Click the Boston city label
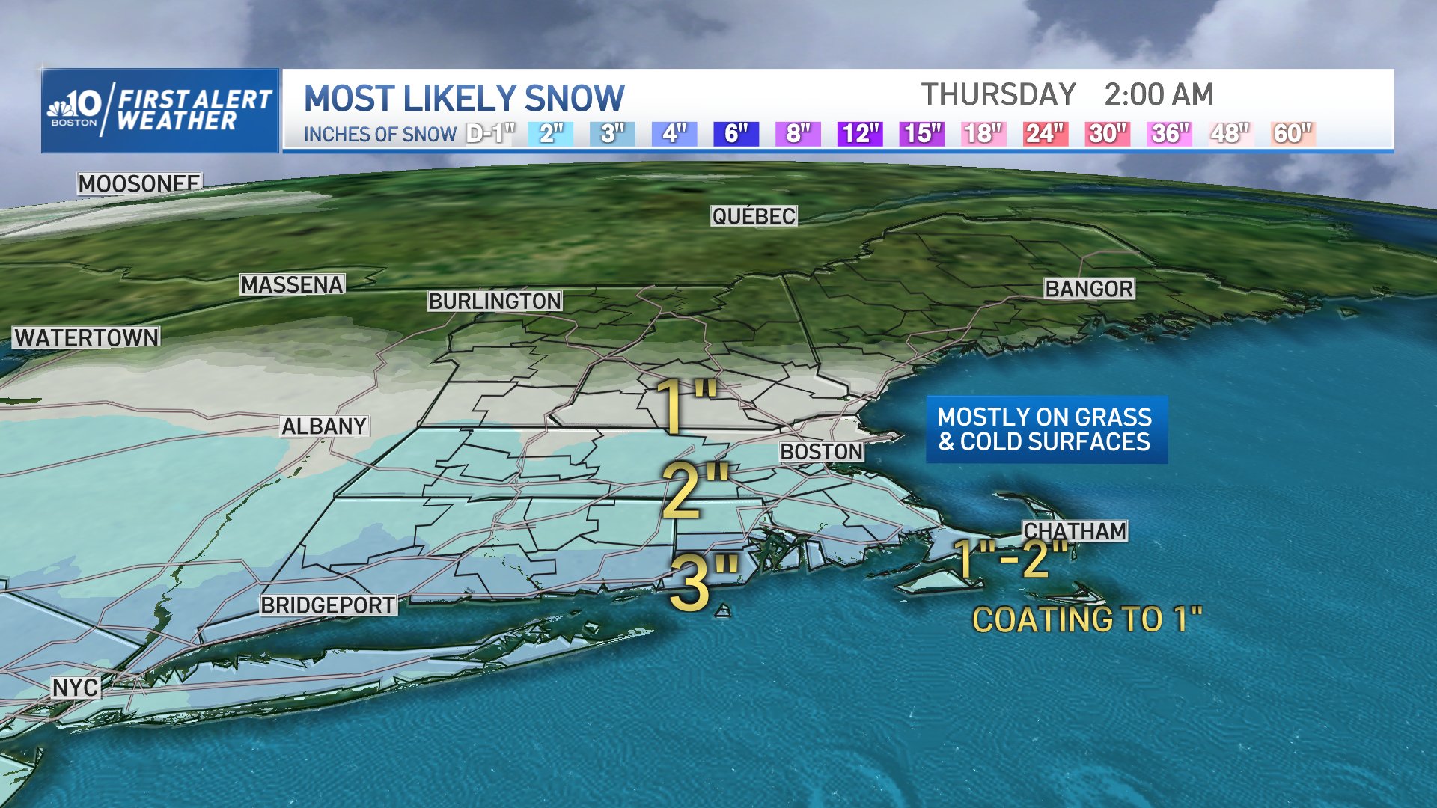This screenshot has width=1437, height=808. [822, 452]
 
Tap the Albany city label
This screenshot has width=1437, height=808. [324, 426]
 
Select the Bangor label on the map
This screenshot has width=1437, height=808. [1089, 289]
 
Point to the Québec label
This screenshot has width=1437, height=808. [754, 216]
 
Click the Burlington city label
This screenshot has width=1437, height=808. [495, 301]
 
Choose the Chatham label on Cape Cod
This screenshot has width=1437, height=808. [1075, 531]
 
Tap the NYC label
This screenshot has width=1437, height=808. [75, 688]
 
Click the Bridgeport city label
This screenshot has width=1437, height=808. [328, 605]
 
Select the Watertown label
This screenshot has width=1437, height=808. [87, 338]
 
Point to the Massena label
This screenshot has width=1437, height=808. [292, 285]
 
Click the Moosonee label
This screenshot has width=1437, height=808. [139, 183]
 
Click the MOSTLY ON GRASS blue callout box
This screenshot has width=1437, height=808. [1046, 429]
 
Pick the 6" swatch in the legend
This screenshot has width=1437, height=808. [736, 134]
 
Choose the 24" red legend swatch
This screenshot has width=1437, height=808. [1045, 134]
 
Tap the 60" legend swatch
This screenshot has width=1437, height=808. [1293, 134]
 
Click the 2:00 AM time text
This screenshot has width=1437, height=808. [1159, 95]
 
